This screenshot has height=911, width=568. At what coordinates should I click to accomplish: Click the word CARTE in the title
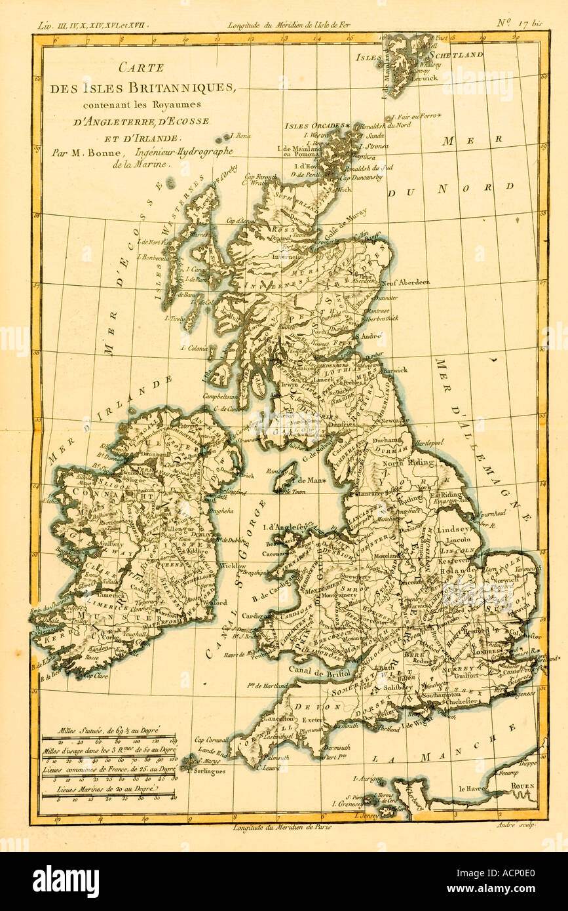[x=142, y=67]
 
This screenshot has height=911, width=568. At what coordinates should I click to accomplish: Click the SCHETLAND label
[x=457, y=56]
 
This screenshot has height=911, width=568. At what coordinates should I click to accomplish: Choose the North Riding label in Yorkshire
[x=409, y=463]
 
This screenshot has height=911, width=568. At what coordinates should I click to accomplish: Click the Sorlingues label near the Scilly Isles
[x=209, y=771]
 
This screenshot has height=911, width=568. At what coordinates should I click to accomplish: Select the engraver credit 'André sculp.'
[x=520, y=825]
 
